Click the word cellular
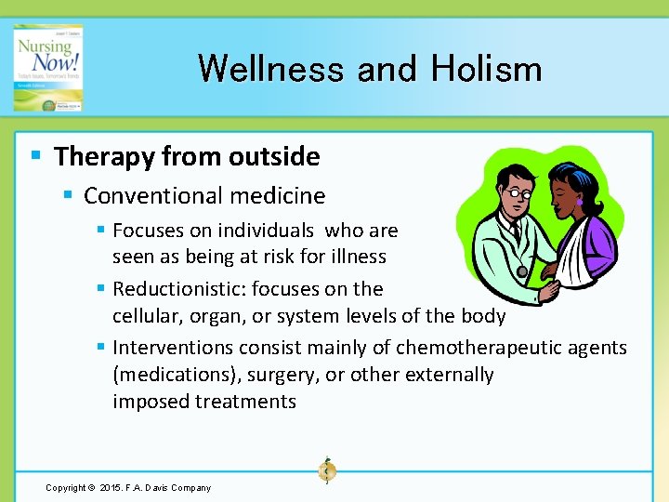145,316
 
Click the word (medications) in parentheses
171,375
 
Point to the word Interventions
173,348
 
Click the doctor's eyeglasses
518,195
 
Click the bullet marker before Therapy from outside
34,155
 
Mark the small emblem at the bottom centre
326,470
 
